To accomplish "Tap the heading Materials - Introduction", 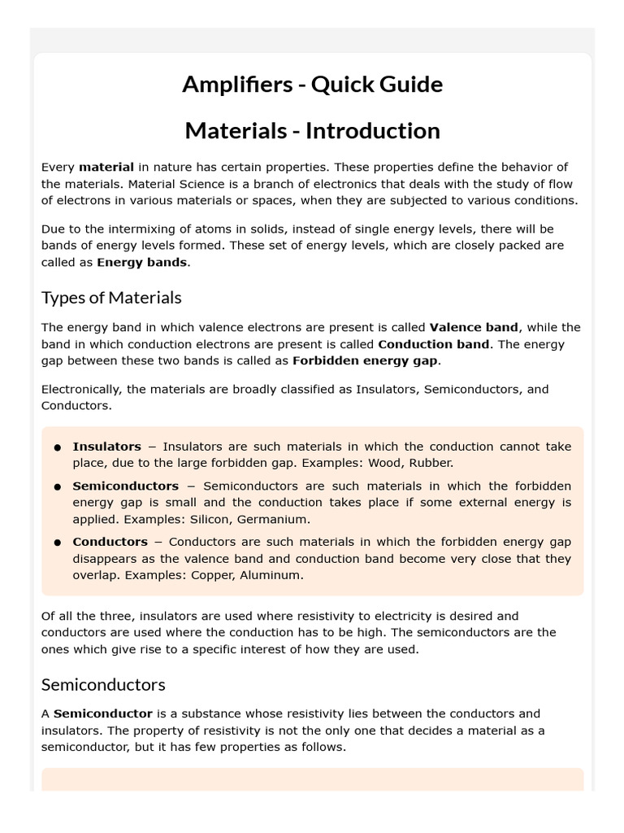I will [x=312, y=130].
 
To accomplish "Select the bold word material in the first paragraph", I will [x=106, y=167].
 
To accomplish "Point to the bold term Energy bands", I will [x=142, y=262].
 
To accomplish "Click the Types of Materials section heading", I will [x=111, y=297].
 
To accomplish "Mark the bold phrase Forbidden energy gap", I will [x=365, y=360].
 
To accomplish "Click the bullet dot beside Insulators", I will [x=58, y=447].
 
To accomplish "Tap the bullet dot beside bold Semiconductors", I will [x=58, y=486].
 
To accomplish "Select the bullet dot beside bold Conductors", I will [x=58, y=543].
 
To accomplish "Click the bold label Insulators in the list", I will [x=106, y=447].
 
